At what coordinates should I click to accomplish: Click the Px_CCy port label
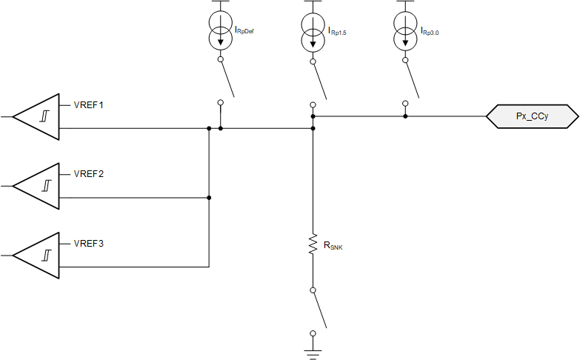click(x=532, y=116)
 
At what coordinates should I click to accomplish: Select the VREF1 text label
click(x=89, y=104)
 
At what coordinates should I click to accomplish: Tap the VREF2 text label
click(x=89, y=174)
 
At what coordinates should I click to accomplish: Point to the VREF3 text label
click(x=89, y=243)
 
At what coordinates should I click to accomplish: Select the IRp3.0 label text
click(x=430, y=31)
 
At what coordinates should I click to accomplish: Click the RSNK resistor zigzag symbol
click(x=313, y=244)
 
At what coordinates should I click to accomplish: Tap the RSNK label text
click(x=333, y=245)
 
